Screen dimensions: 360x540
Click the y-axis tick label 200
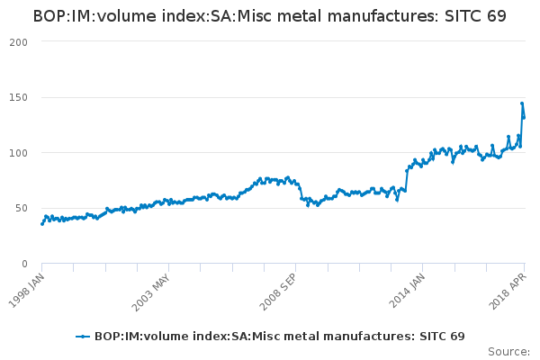pyautogui.click(x=19, y=41)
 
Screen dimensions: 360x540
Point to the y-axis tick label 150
pyautogui.click(x=19, y=97)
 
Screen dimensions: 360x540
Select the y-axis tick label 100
pyautogui.click(x=19, y=152)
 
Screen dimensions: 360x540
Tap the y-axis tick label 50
pyautogui.click(x=22, y=208)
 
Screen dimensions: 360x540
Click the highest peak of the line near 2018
pyautogui.click(x=522, y=103)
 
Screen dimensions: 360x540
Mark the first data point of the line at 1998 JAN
pyautogui.click(x=42, y=223)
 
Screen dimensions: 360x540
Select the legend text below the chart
pyautogui.click(x=279, y=336)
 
